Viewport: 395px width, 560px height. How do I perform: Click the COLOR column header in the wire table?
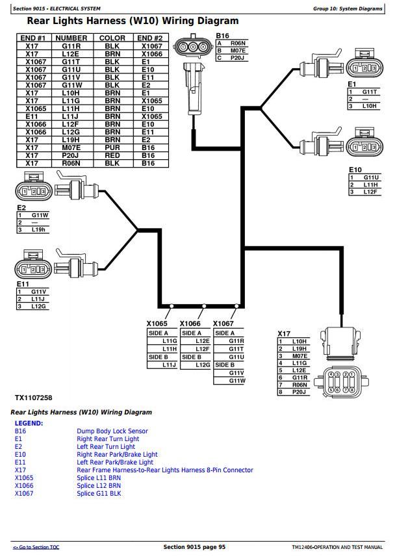(112, 38)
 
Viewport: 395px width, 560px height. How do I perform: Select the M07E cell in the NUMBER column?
(71, 147)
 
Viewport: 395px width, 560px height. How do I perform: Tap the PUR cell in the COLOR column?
(112, 147)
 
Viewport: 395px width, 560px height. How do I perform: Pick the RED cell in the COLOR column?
(112, 155)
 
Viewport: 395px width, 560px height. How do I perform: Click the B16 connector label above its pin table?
(222, 36)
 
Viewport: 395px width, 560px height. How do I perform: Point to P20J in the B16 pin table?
(238, 58)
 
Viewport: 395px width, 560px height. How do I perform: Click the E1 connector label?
(351, 84)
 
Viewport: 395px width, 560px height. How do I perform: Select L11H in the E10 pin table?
(371, 185)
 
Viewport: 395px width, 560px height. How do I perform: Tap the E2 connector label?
(21, 208)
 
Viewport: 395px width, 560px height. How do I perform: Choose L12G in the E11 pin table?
(38, 306)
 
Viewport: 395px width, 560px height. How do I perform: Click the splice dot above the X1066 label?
(204, 306)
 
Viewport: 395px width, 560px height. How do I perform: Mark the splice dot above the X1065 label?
(172, 306)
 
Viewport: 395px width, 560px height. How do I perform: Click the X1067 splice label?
(223, 324)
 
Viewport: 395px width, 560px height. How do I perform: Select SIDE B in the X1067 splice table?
(225, 364)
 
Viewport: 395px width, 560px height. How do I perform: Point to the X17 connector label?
(284, 333)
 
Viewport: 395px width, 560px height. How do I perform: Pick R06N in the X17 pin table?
(299, 385)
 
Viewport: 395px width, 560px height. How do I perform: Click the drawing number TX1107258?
(34, 398)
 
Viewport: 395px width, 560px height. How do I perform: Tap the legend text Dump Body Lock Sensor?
(112, 431)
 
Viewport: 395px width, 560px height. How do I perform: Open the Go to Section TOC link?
(36, 547)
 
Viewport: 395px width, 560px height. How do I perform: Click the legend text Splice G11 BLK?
(99, 494)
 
